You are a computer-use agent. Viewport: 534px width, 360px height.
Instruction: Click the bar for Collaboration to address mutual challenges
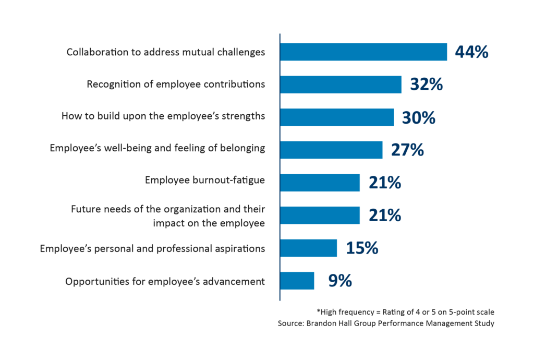click(363, 52)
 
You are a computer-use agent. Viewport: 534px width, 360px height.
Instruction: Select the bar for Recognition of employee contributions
click(341, 85)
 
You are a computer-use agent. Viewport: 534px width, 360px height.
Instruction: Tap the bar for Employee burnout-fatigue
click(320, 183)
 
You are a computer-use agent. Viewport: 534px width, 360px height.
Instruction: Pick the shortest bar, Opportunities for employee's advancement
click(297, 281)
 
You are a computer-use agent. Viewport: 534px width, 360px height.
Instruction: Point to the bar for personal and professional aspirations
click(308, 248)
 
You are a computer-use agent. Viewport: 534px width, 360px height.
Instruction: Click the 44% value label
click(471, 52)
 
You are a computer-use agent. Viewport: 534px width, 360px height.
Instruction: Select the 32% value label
click(426, 85)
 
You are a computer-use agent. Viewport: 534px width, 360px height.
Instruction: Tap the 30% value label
click(418, 117)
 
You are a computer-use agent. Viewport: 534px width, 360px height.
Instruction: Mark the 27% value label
click(407, 150)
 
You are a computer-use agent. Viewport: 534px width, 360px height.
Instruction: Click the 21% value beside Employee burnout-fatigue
click(384, 183)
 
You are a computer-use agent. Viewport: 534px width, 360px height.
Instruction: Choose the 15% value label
click(361, 248)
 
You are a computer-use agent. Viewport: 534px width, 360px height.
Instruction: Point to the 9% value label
click(339, 281)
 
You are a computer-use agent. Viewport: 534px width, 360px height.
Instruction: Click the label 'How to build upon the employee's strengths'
click(163, 116)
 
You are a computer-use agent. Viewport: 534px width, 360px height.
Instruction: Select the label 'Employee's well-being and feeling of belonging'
click(157, 149)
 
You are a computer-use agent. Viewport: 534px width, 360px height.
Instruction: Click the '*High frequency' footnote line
click(405, 312)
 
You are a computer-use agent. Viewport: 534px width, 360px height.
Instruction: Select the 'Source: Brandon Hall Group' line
click(386, 323)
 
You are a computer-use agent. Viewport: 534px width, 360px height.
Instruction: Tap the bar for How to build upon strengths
click(337, 117)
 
